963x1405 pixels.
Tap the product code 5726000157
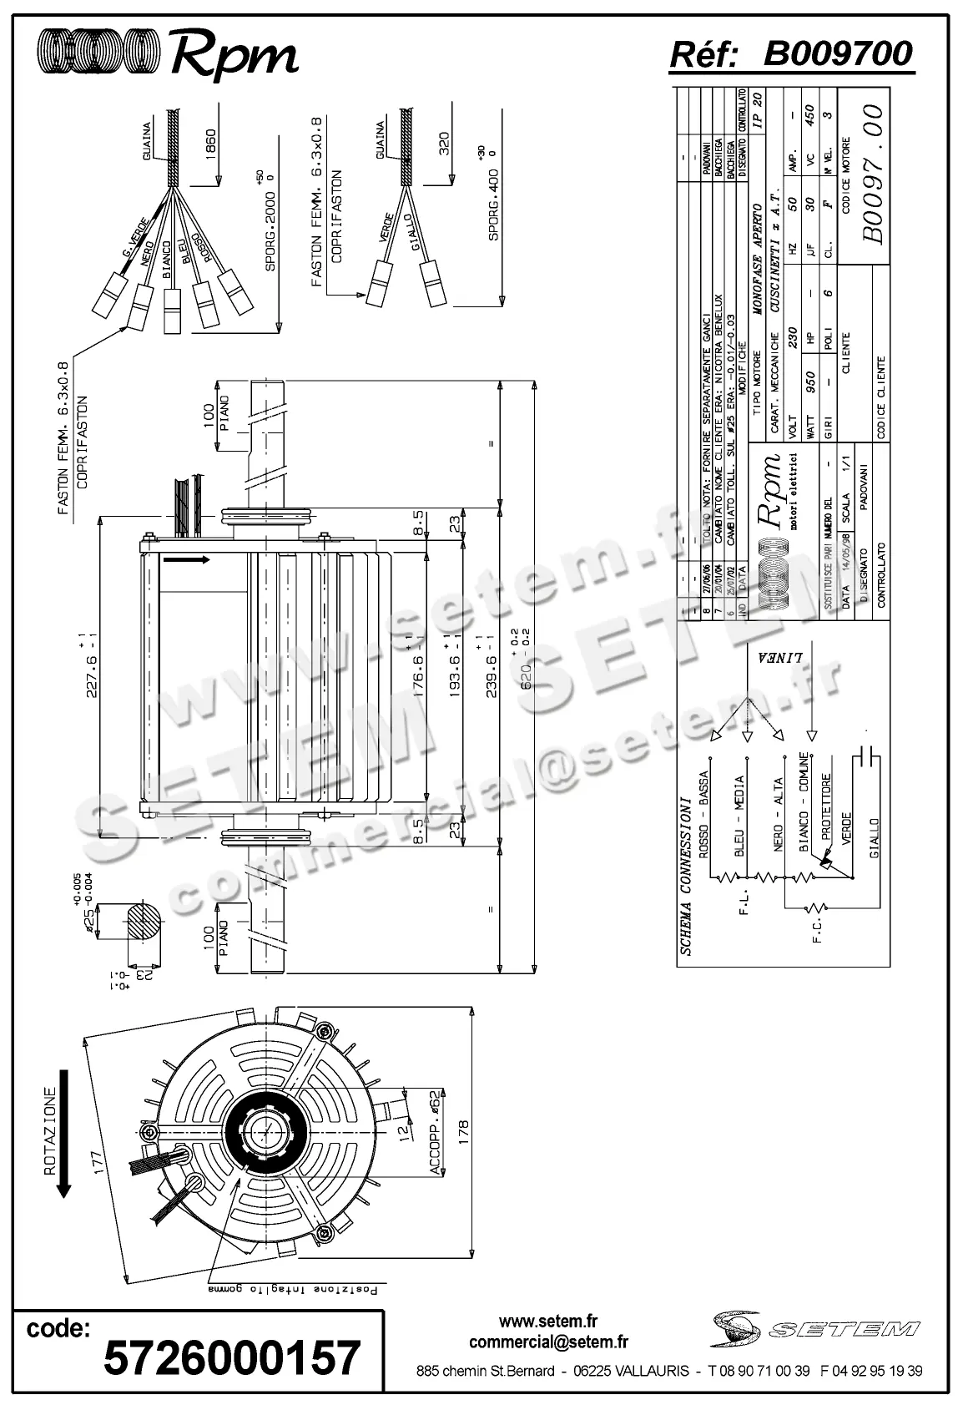pyautogui.click(x=232, y=1357)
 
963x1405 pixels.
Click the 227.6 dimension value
pyautogui.click(x=93, y=665)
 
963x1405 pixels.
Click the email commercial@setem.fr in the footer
pyautogui.click(x=548, y=1342)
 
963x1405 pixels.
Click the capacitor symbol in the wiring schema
pyautogui.click(x=865, y=757)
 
